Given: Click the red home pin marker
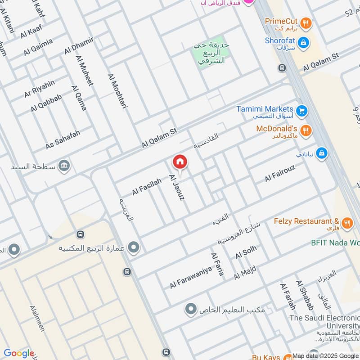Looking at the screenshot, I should tap(180, 162).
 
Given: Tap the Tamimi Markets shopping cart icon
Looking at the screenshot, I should tap(301, 110).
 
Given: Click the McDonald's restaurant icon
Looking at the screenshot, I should tap(306, 130).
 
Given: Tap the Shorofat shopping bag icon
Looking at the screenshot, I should tap(304, 41).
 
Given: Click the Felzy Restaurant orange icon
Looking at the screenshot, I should tap(346, 222).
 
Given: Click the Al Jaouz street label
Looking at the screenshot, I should tap(176, 187).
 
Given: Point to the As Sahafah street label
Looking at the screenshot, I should tap(63, 140).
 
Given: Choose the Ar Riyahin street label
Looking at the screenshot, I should tap(40, 89).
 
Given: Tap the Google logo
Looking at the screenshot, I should tap(19, 353).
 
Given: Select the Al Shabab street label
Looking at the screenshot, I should tap(304, 295).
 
